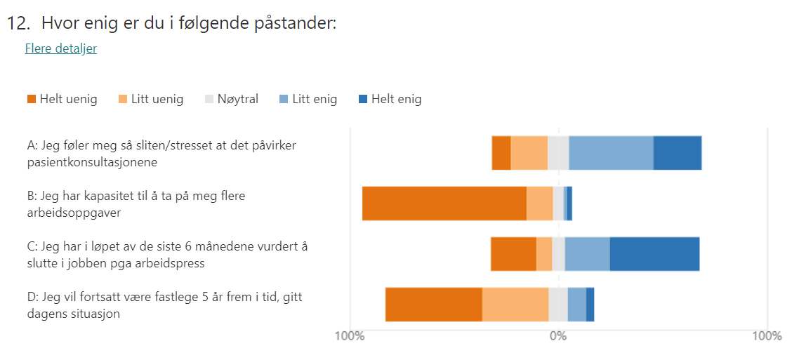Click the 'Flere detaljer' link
pyautogui.click(x=60, y=48)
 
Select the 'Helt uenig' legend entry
pyautogui.click(x=62, y=99)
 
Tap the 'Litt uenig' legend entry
pyautogui.click(x=151, y=99)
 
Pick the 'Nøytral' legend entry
pyautogui.click(x=231, y=99)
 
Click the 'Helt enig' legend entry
pyautogui.click(x=390, y=99)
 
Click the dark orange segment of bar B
pyautogui.click(x=444, y=204)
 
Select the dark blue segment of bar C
pyautogui.click(x=654, y=254)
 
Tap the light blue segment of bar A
pyautogui.click(x=611, y=153)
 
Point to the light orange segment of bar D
pyautogui.click(x=515, y=305)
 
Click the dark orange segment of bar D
pyautogui.click(x=433, y=305)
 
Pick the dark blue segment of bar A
pyautogui.click(x=678, y=153)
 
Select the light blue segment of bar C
pyautogui.click(x=587, y=254)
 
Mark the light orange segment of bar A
pyautogui.click(x=529, y=153)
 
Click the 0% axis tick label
pyautogui.click(x=557, y=336)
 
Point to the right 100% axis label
pyautogui.click(x=766, y=336)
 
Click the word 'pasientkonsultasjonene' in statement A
pyautogui.click(x=92, y=162)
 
